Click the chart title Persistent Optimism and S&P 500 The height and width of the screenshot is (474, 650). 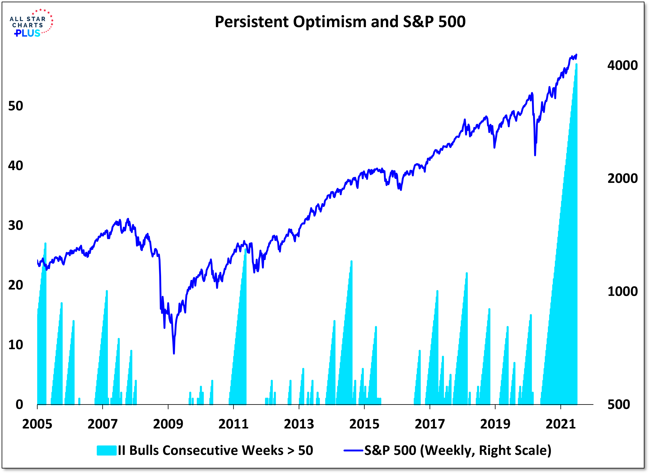click(x=340, y=22)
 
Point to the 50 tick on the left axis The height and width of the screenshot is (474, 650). click(x=15, y=106)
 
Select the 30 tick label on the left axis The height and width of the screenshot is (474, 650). click(x=15, y=226)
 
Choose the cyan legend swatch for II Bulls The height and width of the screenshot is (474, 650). click(x=106, y=450)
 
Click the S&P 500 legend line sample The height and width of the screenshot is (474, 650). click(x=353, y=450)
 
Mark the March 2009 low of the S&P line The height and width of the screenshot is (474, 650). click(x=174, y=353)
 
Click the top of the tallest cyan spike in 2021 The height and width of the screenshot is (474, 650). click(x=576, y=64)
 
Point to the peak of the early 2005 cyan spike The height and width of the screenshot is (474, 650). click(x=45, y=244)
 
